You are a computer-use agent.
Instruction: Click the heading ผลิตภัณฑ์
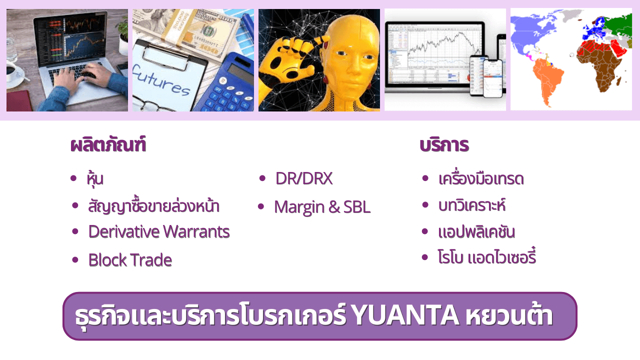pos(108,144)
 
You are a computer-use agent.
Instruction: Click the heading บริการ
pos(444,145)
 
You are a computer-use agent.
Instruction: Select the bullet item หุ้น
pos(95,179)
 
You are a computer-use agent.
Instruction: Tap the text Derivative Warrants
pos(159,231)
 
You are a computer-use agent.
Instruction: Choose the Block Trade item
pos(130,260)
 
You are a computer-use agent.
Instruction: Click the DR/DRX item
pos(304,178)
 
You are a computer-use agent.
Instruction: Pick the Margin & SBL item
pos(322,207)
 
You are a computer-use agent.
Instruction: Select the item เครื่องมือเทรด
pos(481,178)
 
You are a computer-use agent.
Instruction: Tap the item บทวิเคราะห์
pos(472,205)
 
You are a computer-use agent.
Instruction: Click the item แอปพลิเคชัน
pos(476,231)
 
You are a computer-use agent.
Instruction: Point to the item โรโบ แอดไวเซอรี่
pos(487,256)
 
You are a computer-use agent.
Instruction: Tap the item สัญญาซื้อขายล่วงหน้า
pos(153,205)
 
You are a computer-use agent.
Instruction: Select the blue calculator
pos(225,84)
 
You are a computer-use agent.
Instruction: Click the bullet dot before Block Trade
pos(75,259)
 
